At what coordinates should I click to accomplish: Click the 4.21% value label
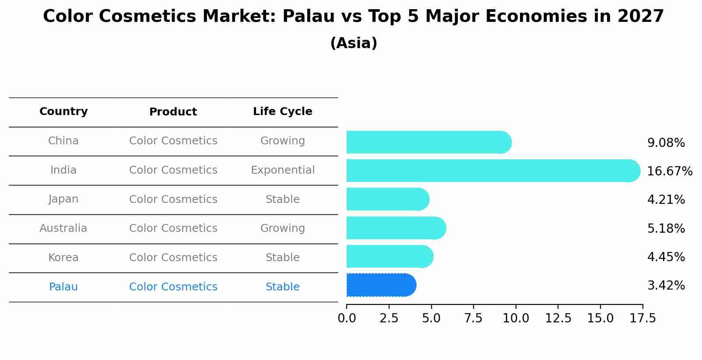666,200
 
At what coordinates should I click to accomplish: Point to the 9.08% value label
666,143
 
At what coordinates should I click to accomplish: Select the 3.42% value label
666,286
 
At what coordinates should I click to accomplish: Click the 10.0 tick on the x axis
516,318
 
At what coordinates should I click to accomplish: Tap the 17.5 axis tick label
642,318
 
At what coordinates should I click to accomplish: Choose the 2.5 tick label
389,318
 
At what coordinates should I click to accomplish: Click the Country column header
63,112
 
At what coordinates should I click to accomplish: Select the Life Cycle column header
282,112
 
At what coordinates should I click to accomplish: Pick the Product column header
173,112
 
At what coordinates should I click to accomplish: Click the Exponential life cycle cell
282,170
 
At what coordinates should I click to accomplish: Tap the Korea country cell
63,258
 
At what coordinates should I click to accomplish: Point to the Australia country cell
63,228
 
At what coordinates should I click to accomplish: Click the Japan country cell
63,199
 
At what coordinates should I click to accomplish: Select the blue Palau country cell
63,287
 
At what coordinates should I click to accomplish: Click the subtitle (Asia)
354,43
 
